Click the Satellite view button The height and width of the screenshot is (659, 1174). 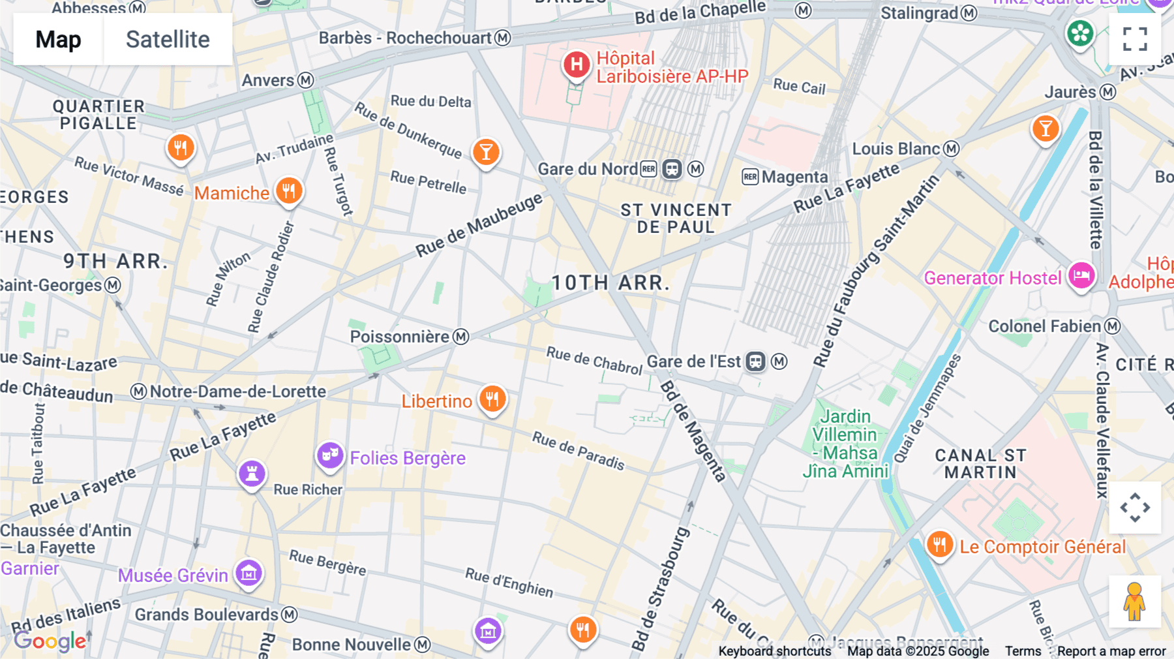pyautogui.click(x=168, y=39)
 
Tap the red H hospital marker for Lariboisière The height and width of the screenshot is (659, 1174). pyautogui.click(x=577, y=65)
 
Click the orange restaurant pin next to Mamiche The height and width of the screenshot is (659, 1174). pyautogui.click(x=288, y=191)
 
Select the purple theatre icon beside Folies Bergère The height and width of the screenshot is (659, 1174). pyautogui.click(x=330, y=455)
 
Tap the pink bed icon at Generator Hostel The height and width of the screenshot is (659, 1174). pyautogui.click(x=1081, y=275)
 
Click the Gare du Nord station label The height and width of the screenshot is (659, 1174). pyautogui.click(x=587, y=170)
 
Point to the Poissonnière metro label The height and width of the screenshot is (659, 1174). pyautogui.click(x=399, y=337)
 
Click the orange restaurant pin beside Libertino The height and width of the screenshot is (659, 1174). pyautogui.click(x=492, y=398)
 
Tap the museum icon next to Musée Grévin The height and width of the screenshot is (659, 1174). pyautogui.click(x=248, y=574)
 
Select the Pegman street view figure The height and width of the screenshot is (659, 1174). pyautogui.click(x=1134, y=602)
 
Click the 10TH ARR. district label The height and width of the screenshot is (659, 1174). pyautogui.click(x=610, y=283)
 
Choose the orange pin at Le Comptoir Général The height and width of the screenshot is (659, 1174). pyautogui.click(x=939, y=544)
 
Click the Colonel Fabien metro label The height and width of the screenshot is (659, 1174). pyautogui.click(x=1044, y=326)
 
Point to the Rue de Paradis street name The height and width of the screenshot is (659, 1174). pyautogui.click(x=579, y=450)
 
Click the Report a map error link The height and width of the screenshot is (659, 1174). pyautogui.click(x=1111, y=651)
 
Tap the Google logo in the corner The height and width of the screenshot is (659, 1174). pyautogui.click(x=50, y=641)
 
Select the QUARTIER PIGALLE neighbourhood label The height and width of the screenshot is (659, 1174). pyautogui.click(x=98, y=115)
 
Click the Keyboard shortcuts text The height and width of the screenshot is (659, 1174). pyautogui.click(x=775, y=651)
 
